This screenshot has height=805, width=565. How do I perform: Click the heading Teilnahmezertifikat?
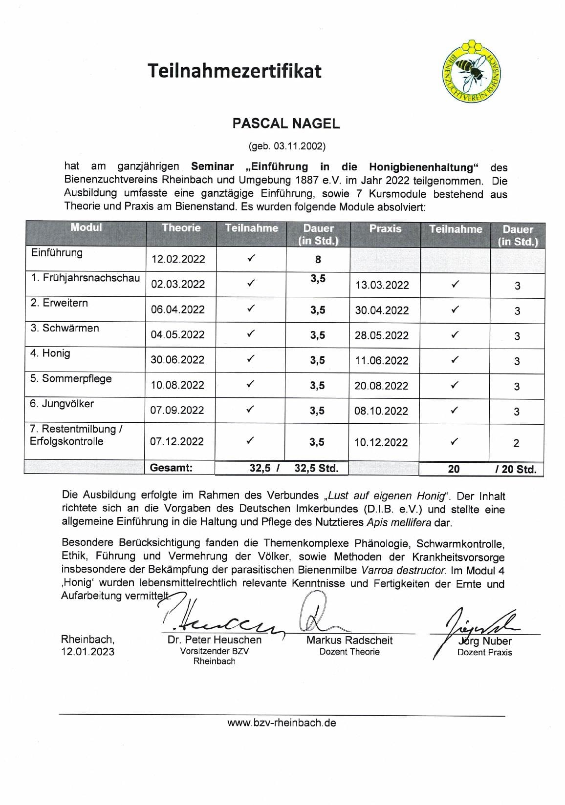pos(235,71)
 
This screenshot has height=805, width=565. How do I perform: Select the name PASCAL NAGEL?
pos(286,124)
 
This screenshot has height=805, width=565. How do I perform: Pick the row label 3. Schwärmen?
pos(65,328)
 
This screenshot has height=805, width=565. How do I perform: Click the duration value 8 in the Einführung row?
pos(318,260)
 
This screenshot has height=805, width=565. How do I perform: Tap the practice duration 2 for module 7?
pos(517,443)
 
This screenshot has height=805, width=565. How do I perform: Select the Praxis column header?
pos(385,229)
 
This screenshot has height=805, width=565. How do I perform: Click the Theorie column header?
pos(181,228)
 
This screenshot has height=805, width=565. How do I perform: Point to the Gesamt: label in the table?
pos(171,468)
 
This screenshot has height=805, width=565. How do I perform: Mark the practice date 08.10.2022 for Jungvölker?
pos(381,411)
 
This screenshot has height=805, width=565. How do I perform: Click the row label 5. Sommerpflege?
pos(71,379)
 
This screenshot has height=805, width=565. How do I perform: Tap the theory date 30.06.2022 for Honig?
pos(177,360)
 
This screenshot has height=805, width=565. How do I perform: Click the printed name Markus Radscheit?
pos(349,640)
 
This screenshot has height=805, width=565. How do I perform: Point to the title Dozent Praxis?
pos(484,653)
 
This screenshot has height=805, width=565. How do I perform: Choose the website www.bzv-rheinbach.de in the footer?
pos(282,723)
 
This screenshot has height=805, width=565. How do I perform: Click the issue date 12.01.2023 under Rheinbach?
pos(87,652)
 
